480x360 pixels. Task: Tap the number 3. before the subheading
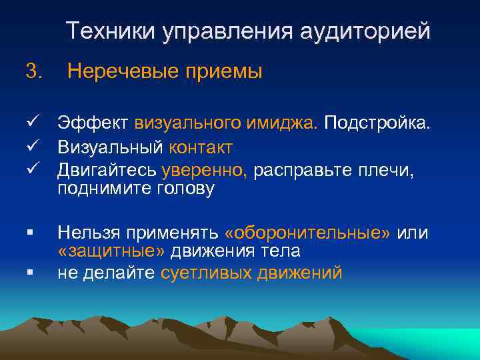pos(33,71)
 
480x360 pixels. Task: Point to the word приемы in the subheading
pos(225,71)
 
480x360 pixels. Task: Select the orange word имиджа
pos(289,123)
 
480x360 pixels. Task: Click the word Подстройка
pos(378,123)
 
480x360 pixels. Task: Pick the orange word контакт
pos(201,147)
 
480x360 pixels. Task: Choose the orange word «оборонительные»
pos(309,233)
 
